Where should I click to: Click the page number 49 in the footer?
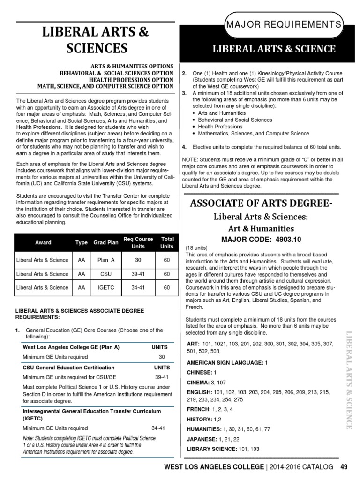point(344,467)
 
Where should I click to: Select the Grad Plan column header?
point(105,243)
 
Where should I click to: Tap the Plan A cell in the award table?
point(105,260)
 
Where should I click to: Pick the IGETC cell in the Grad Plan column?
point(105,288)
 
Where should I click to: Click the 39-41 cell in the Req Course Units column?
point(138,274)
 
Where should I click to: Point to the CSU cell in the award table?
point(105,274)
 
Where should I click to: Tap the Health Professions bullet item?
point(220,127)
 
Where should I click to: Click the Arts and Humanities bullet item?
point(221,113)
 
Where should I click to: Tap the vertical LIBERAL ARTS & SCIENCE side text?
point(349,380)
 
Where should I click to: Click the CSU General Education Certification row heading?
point(68,367)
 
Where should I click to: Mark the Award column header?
point(43,243)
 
